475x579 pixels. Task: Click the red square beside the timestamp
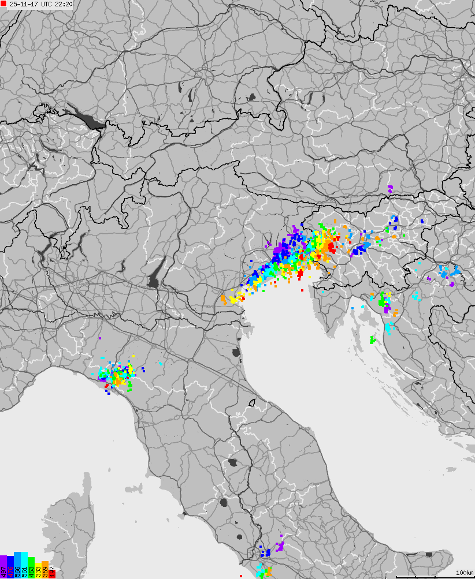(4, 4)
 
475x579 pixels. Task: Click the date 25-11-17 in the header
(24, 4)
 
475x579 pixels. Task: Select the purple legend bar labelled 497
(3, 567)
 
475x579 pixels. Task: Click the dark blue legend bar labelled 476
(10, 567)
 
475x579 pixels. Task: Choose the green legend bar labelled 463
(31, 567)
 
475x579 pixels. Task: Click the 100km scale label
(464, 572)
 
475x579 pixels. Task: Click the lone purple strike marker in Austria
(390, 188)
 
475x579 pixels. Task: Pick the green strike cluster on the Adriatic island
(373, 339)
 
